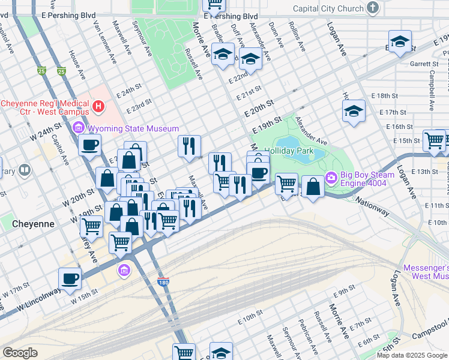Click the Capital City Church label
point(328,8)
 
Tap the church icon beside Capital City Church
point(373,8)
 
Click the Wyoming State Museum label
point(133,128)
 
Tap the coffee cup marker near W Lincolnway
point(70,278)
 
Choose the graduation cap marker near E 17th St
point(354,111)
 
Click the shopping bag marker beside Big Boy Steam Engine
point(313,186)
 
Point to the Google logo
point(19,353)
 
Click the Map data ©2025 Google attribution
point(412,355)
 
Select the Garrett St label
point(424,63)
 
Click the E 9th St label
point(346,292)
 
